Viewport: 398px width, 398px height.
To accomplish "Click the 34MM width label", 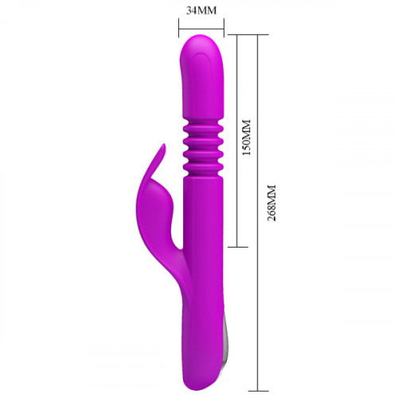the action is [x=201, y=10].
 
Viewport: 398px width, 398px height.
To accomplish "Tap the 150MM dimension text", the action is [x=247, y=138].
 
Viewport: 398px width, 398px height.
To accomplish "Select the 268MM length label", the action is [x=271, y=203].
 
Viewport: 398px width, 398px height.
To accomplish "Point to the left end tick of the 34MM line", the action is [x=179, y=27].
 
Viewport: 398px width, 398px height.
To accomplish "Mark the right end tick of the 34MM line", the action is [x=224, y=27].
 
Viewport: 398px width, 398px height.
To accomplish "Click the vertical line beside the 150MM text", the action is [x=237, y=141].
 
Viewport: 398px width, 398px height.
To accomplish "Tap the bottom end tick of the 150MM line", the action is [x=238, y=247].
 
